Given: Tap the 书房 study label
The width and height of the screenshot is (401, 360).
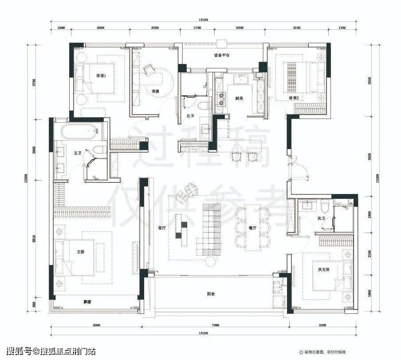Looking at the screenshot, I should click(x=155, y=91).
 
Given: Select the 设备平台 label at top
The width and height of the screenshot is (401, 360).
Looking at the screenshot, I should click(x=220, y=56).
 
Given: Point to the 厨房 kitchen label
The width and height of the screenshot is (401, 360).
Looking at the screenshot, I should click(x=239, y=98).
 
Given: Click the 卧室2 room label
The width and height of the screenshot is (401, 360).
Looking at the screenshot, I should click(x=294, y=98).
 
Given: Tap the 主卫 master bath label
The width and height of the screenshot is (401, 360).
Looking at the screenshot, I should click(x=78, y=153).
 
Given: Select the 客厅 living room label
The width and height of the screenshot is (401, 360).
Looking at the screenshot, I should click(x=162, y=228).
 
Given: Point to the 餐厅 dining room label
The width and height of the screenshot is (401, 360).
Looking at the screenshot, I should click(x=253, y=228).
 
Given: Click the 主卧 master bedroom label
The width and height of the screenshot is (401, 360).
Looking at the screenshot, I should click(x=80, y=252).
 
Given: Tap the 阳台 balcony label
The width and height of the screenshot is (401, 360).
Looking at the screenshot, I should click(x=212, y=293).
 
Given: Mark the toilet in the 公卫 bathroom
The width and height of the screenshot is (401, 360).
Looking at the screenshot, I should click(x=204, y=106).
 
